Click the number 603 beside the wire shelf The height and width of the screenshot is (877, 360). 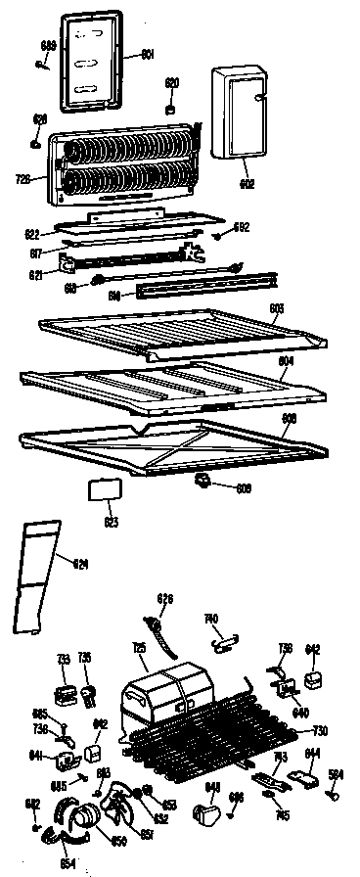[276, 308]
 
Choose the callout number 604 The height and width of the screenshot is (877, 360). [286, 360]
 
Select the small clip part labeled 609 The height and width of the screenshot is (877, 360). [204, 479]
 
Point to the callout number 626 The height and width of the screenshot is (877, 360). [165, 598]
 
